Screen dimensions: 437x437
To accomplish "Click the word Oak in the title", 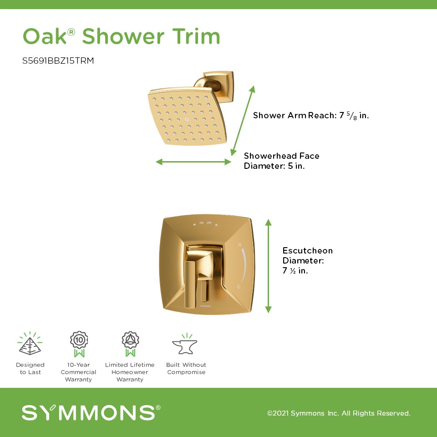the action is [45, 36].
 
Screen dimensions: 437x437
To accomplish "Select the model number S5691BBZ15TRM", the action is [58, 61].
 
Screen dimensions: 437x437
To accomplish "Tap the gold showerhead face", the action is [187, 117].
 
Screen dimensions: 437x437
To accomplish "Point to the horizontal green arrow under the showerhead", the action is [193, 162].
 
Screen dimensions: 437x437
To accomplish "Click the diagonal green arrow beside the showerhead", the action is [243, 121].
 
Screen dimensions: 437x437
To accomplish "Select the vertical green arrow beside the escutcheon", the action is [268, 266].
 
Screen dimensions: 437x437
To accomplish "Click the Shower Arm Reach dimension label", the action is [311, 115].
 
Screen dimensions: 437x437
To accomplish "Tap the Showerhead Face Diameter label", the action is [281, 161].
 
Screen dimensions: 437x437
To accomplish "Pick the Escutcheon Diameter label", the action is [307, 260].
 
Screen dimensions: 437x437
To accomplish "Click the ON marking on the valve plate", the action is [202, 223].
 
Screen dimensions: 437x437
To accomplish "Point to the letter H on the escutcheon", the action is [240, 245].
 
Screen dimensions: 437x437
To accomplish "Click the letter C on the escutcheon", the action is [239, 286].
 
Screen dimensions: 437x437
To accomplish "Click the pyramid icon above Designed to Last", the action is [30, 344].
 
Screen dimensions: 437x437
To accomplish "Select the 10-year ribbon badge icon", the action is [79, 344].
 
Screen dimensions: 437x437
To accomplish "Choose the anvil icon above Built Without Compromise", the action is [185, 345].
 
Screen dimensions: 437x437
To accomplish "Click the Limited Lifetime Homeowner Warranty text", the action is [130, 372].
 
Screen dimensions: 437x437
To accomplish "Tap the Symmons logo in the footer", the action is [91, 412].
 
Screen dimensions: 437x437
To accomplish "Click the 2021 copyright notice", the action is [339, 413].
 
